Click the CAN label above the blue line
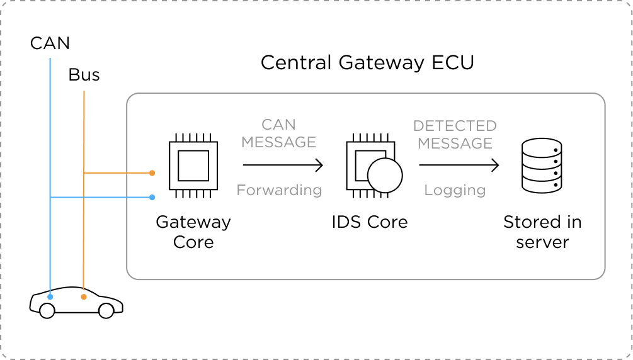(50, 43)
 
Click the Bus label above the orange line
(84, 76)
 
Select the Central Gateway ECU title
(367, 63)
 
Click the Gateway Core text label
(193, 232)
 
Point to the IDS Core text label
(370, 222)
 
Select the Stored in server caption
(542, 232)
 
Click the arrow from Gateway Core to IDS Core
(283, 166)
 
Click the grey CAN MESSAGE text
(278, 133)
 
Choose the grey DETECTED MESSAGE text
(455, 135)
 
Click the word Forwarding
(279, 189)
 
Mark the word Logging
(455, 190)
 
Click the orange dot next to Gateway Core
(152, 172)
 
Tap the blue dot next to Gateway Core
(152, 198)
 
